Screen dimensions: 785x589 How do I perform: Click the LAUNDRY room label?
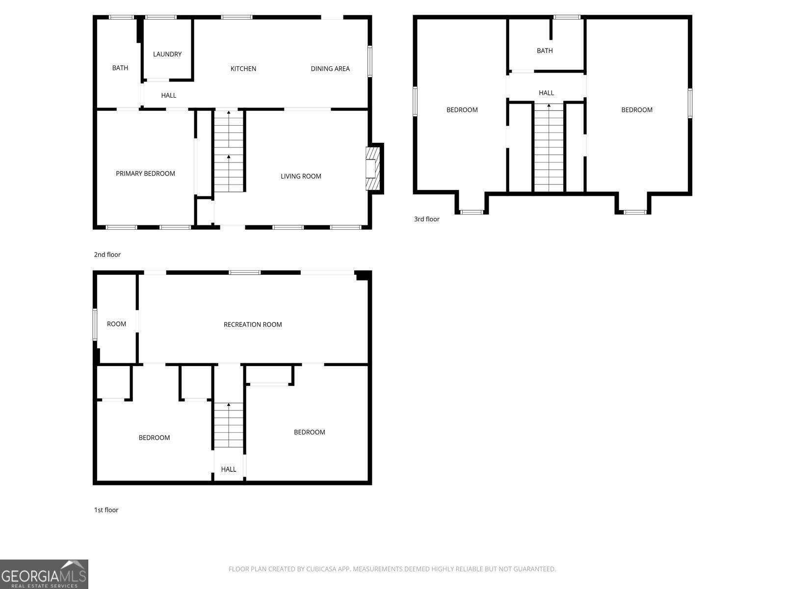(x=167, y=54)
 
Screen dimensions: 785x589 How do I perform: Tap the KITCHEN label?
(x=243, y=69)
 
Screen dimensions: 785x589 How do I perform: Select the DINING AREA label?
(x=330, y=69)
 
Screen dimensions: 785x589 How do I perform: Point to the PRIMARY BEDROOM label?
(x=145, y=173)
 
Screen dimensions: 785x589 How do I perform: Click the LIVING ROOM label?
(x=301, y=176)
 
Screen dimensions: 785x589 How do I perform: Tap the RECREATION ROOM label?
(x=253, y=324)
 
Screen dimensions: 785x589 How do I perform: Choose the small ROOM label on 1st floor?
(x=116, y=324)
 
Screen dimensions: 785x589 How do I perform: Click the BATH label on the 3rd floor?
(x=545, y=51)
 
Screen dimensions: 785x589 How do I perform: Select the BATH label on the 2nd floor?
(x=120, y=68)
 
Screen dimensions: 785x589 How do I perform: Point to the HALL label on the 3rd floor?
(x=546, y=93)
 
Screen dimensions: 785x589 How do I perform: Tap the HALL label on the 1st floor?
(x=229, y=469)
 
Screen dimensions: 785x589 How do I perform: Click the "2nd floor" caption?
(x=107, y=255)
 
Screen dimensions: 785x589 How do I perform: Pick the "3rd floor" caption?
(x=427, y=219)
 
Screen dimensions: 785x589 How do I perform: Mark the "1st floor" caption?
(x=106, y=510)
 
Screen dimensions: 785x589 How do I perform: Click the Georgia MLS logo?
(x=44, y=574)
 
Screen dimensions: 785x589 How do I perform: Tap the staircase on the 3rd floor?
(x=549, y=148)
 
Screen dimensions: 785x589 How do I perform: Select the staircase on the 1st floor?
(x=229, y=425)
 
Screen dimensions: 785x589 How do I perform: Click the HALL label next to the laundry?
(x=168, y=96)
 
